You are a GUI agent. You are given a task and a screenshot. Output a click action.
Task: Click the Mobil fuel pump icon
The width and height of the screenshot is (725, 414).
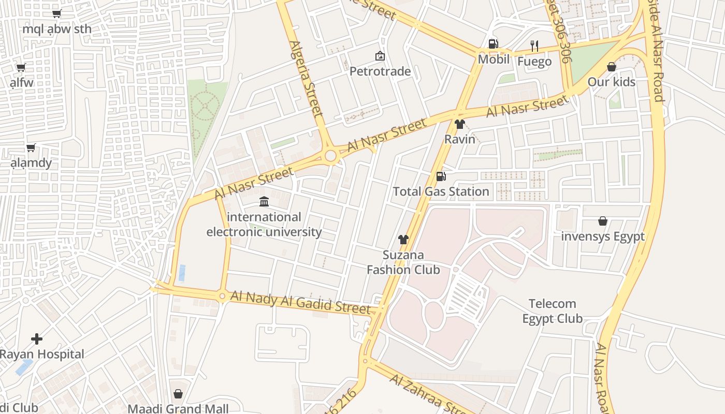(x=493, y=44)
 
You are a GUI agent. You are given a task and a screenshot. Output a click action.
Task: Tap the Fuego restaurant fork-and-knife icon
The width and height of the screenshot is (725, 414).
(x=534, y=46)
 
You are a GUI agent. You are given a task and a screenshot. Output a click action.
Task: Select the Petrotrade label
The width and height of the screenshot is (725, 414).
(x=380, y=71)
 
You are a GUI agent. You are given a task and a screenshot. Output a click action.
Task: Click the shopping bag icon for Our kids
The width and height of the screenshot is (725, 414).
(x=611, y=67)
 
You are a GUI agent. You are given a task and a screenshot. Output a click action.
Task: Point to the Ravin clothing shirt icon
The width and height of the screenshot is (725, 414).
(x=459, y=124)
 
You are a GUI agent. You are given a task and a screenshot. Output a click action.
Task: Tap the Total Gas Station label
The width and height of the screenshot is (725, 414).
(x=441, y=191)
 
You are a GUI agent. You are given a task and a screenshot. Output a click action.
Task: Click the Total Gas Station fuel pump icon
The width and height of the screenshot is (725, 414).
(x=441, y=176)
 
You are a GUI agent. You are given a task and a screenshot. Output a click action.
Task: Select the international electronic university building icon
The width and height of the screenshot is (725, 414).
(x=264, y=201)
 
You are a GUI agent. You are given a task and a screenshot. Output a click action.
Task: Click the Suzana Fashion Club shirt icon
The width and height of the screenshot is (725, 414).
(x=403, y=240)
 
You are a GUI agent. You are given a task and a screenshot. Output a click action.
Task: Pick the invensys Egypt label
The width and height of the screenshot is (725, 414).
(x=603, y=236)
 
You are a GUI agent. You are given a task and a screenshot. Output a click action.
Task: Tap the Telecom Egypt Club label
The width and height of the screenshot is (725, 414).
(x=552, y=311)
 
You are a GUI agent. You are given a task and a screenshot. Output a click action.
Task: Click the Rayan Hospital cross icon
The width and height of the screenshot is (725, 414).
(x=37, y=339)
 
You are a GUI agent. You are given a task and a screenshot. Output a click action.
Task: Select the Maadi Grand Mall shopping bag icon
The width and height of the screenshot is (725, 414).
(x=178, y=394)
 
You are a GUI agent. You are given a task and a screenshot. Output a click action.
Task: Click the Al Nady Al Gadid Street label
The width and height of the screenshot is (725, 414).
(x=300, y=302)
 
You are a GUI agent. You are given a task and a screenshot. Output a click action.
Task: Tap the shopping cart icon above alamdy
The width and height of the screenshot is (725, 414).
(x=31, y=148)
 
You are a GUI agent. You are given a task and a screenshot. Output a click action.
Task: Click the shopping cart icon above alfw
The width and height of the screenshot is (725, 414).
(x=21, y=67)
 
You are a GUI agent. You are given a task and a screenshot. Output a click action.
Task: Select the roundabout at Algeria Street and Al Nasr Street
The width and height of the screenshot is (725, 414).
(x=331, y=156)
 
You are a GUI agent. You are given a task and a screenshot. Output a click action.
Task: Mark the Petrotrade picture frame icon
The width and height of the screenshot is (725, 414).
(x=380, y=55)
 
